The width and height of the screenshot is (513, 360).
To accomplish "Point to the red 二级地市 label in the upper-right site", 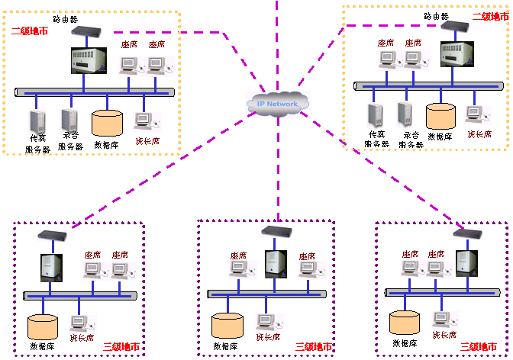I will pos(490,16).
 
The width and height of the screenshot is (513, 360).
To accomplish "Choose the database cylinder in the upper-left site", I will pos(107,122).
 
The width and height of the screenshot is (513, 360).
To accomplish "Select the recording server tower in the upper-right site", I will pos(405,115).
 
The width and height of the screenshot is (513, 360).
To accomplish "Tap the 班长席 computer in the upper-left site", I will pos(144,120).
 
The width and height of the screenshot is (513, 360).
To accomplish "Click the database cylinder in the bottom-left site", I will pos(43,326).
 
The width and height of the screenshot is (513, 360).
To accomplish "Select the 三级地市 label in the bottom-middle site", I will pos(314,347).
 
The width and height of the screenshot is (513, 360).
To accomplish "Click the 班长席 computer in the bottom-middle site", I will pos(265,323).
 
